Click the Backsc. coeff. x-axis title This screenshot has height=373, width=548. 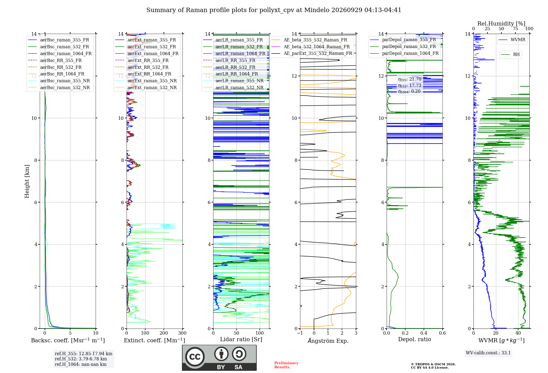pos(68,340)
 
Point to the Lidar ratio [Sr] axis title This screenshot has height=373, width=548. pos(241,340)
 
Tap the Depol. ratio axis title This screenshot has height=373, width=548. pos(415,340)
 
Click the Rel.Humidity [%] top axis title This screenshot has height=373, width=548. pos(501,24)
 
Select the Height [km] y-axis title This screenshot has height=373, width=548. pos(27,181)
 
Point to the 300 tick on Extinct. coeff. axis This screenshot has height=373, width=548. pos(182,333)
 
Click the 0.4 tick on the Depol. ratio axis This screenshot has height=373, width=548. pos(424,333)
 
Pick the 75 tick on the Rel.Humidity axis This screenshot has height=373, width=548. pos(515,29)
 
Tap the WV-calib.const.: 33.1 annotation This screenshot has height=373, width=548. pos(488,353)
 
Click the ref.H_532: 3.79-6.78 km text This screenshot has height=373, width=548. pos(81,359)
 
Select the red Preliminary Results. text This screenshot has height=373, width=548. pos(286,365)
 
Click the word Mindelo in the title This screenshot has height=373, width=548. pos(313,10)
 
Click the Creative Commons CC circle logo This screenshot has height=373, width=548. pos(195,357)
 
